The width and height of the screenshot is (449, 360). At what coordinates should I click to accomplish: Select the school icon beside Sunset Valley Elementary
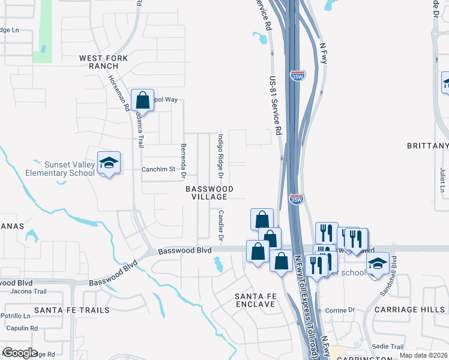click(109, 163)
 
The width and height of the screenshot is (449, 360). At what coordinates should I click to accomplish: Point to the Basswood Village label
click(209, 193)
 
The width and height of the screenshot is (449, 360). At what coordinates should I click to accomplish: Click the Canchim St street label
click(158, 169)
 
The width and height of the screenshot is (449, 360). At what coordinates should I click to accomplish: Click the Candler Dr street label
click(221, 226)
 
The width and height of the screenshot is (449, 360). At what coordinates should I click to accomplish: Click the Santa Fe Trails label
click(72, 310)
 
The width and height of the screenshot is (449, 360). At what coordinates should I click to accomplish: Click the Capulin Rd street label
click(22, 328)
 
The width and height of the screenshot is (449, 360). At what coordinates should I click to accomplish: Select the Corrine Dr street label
click(340, 311)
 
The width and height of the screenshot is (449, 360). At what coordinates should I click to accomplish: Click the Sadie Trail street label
click(388, 347)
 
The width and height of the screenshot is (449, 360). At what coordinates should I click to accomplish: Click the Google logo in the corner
click(20, 353)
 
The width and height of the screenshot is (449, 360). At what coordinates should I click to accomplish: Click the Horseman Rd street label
click(119, 94)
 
